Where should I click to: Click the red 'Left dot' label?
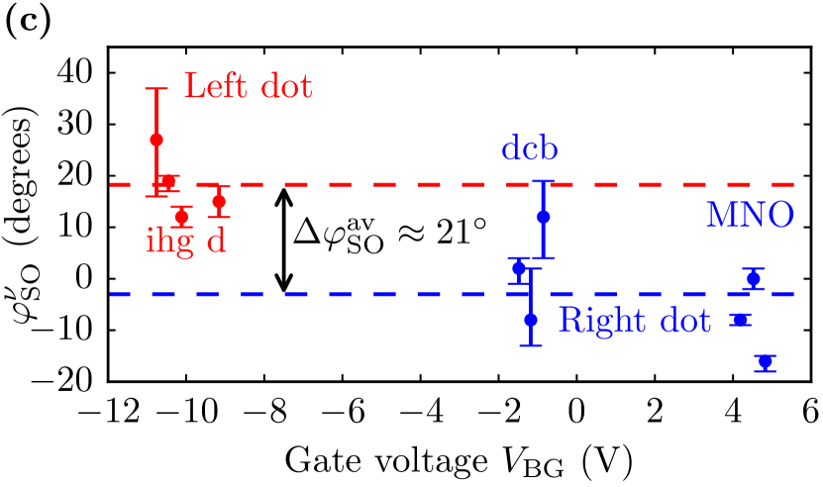pyautogui.click(x=249, y=86)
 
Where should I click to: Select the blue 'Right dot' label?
pyautogui.click(x=634, y=321)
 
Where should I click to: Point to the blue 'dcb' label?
pyautogui.click(x=530, y=150)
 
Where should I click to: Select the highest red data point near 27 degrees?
pyautogui.click(x=156, y=140)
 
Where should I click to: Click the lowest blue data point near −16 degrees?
pyautogui.click(x=765, y=362)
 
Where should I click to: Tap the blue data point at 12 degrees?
pyautogui.click(x=543, y=217)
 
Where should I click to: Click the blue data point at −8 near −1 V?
pyautogui.click(x=531, y=320)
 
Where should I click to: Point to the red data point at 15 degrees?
pyautogui.click(x=219, y=201)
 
